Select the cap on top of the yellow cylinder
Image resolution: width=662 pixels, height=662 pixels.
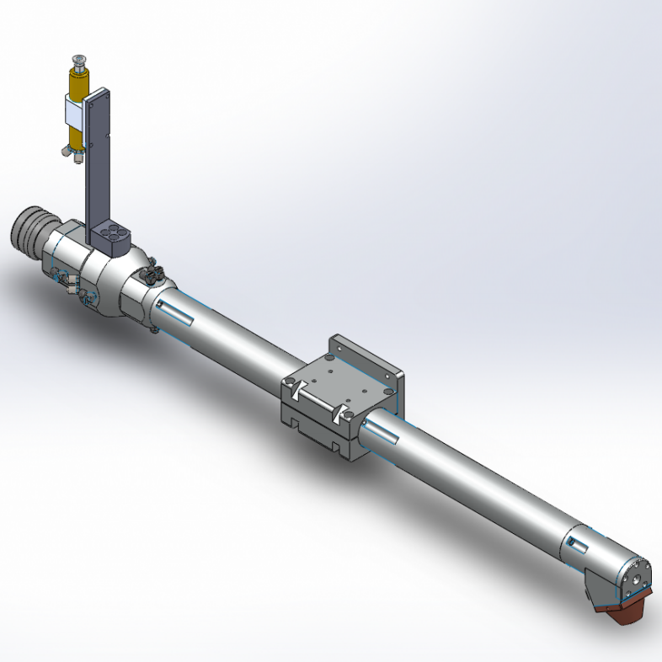coord(78,61)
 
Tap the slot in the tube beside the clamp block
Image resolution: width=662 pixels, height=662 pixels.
coord(382,434)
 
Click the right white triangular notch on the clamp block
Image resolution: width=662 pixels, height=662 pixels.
coord(342,413)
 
